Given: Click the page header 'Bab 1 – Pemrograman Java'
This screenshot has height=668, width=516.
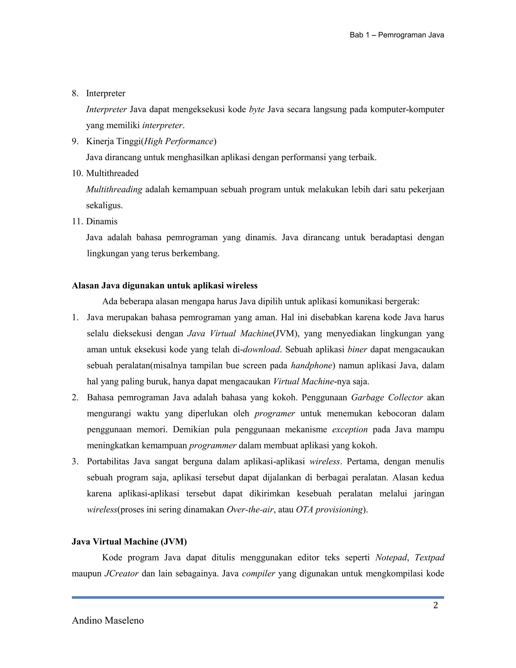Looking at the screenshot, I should (397, 35).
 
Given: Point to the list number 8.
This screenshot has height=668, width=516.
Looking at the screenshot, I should (75, 93).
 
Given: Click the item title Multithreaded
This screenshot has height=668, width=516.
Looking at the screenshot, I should (112, 173).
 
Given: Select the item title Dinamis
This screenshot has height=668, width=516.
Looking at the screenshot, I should (102, 221).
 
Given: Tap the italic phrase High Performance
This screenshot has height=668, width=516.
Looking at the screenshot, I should (179, 141).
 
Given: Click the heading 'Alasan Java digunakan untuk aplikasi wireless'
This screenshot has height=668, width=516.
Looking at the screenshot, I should (165, 286).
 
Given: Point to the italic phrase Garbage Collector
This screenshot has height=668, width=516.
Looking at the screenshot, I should (387, 398).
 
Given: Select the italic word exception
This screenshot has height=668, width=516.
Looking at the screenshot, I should (350, 430).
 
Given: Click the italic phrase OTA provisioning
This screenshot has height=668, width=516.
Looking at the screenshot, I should (329, 509).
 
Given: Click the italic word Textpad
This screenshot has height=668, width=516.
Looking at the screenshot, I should (429, 558).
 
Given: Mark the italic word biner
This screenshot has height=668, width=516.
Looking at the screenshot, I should (357, 350).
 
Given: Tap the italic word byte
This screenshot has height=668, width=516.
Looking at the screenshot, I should (257, 109).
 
